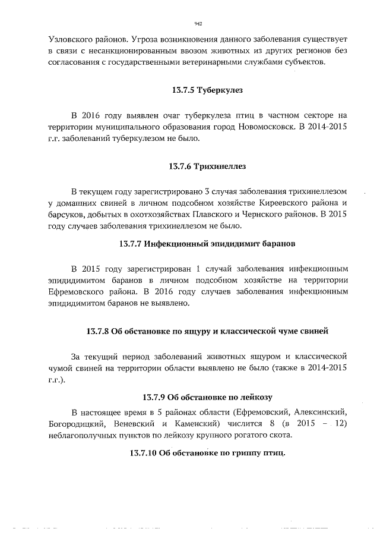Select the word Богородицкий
tap(78, 424)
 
